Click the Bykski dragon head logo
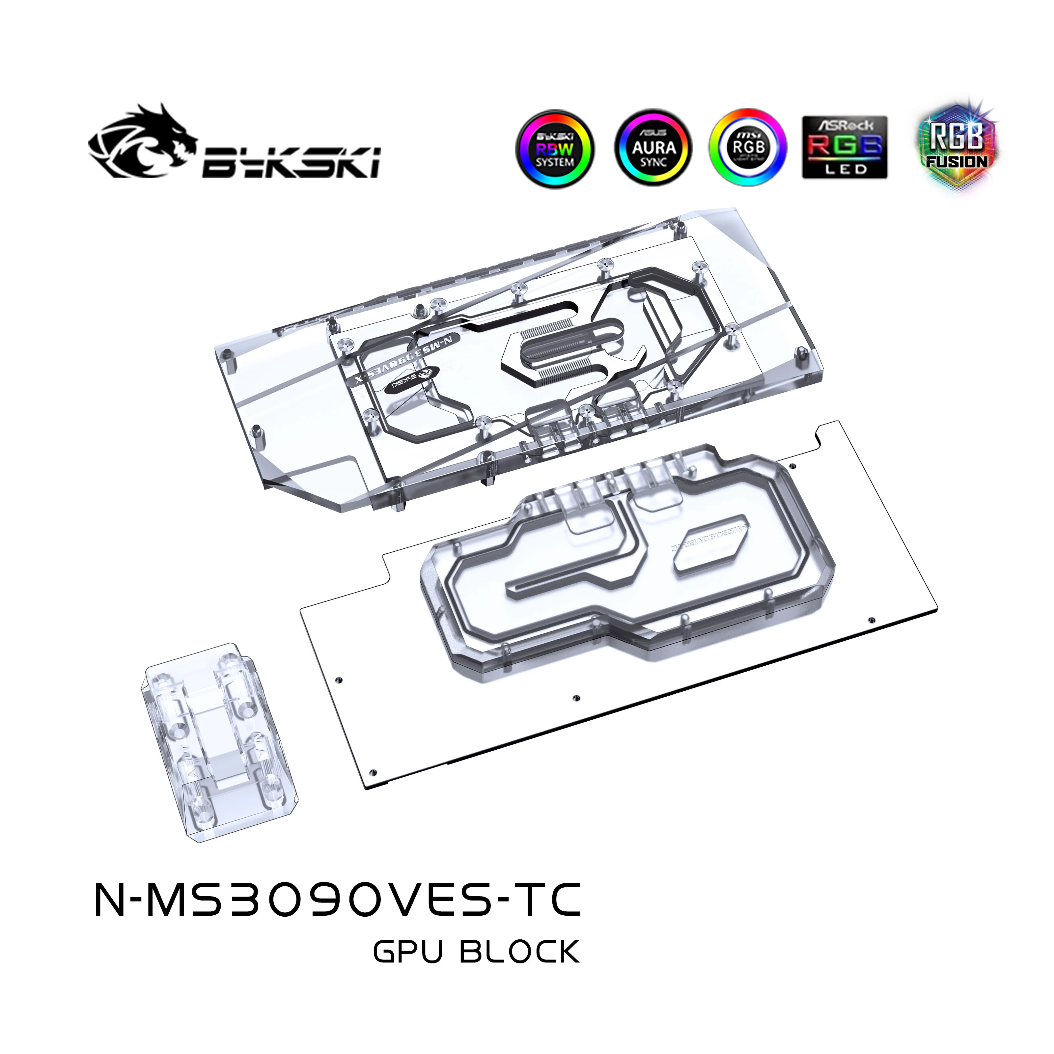pos(143,141)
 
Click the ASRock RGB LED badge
pos(845,147)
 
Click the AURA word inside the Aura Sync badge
pos(653,147)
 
